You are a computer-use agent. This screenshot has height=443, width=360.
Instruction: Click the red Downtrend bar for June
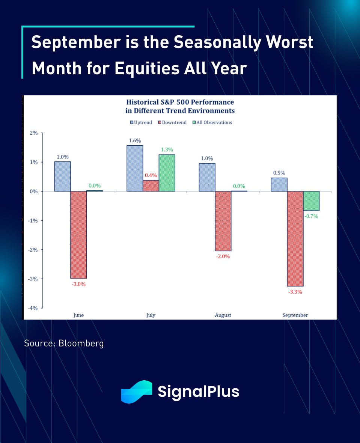pos(78,235)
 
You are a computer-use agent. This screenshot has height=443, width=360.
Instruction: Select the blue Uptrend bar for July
pos(134,168)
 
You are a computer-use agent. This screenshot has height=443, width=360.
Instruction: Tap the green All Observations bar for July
pos(167,173)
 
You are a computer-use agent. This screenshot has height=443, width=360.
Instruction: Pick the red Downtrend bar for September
pos(295,239)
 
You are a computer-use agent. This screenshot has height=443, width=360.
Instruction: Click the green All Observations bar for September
pos(311,201)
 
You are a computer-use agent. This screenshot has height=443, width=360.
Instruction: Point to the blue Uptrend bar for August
pos(207,177)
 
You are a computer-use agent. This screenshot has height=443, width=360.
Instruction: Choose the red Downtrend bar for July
pos(151,186)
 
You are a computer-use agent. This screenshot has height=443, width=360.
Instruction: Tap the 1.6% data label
pos(134,141)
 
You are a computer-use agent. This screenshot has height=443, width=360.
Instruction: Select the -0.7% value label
pos(311,216)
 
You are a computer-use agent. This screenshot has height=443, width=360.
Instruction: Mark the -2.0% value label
pos(223,256)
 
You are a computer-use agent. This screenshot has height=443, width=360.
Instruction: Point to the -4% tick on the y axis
pos(33,308)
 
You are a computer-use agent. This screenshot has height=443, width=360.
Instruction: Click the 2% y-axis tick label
pos(34,133)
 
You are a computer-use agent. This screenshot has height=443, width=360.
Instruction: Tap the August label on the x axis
pos(223,315)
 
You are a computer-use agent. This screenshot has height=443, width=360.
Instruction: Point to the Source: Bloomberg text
pos(64,343)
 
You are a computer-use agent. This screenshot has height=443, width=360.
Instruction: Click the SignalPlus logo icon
pos(136,392)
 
